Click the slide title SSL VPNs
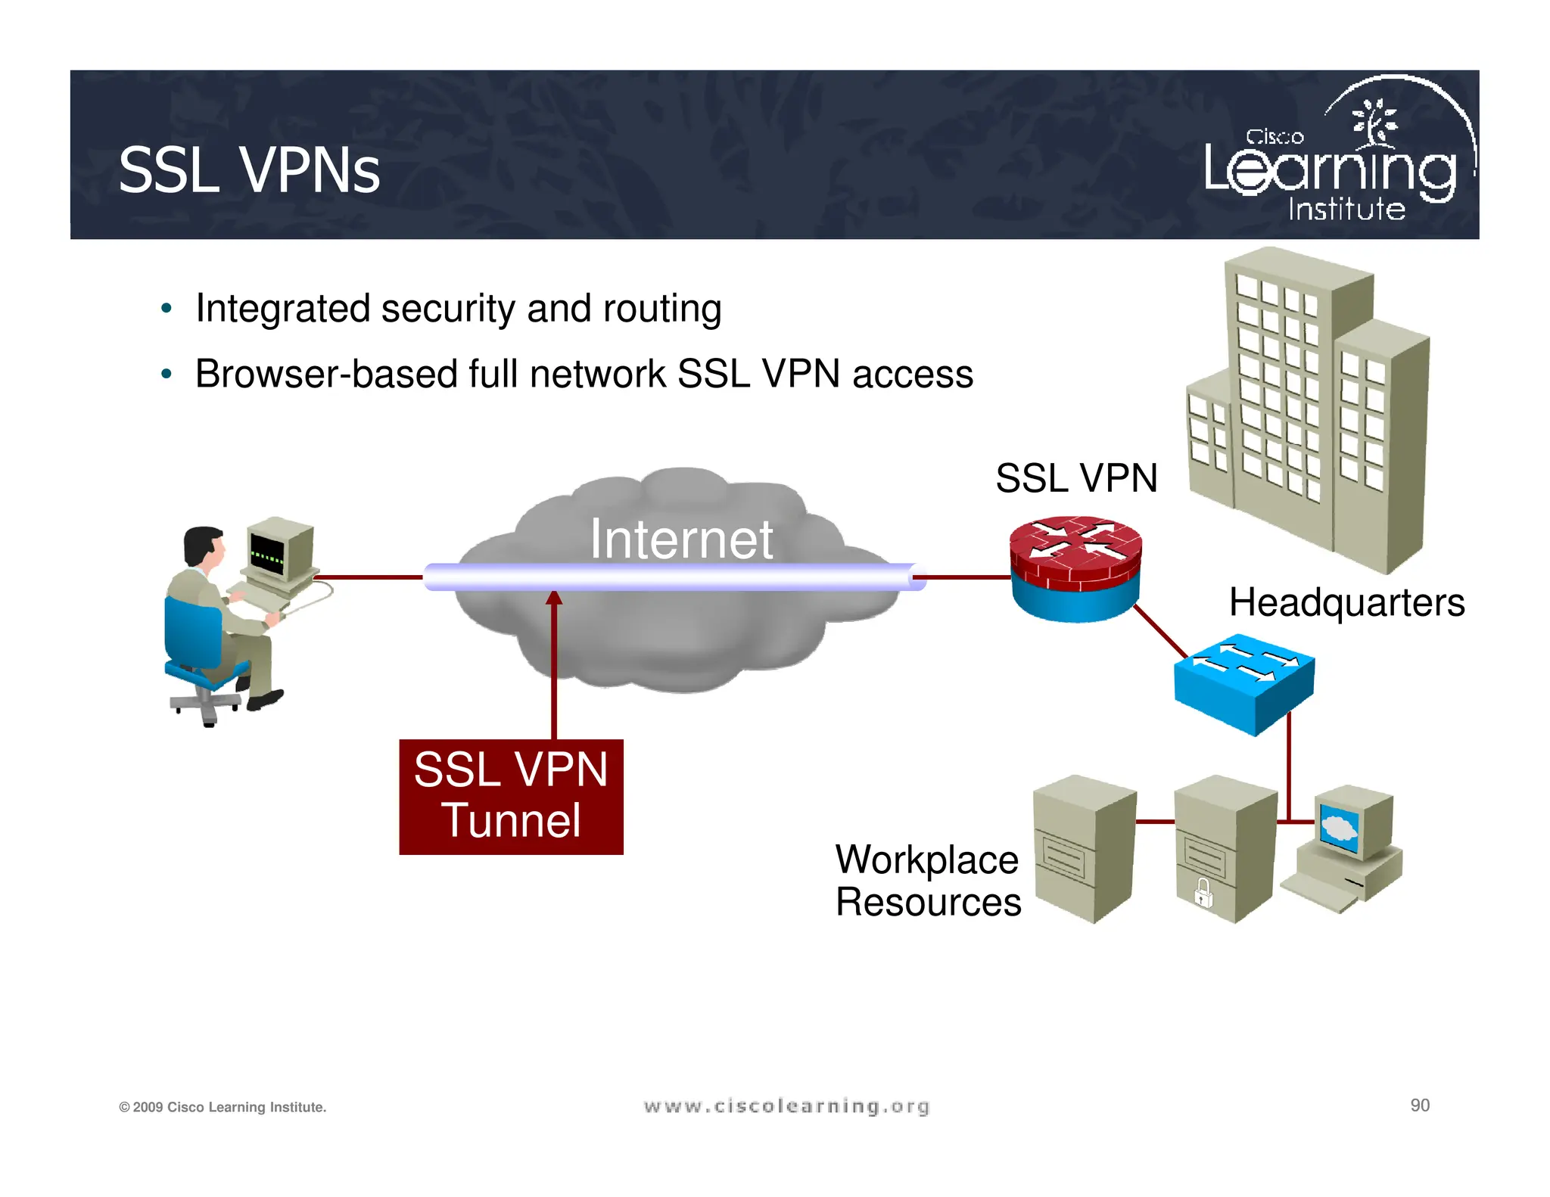[249, 171]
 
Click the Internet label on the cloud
[681, 539]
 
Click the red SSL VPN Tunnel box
[511, 797]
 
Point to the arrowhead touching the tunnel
[554, 598]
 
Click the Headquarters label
[1346, 603]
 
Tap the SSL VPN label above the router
[1075, 478]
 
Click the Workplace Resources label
[928, 881]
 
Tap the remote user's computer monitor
[279, 551]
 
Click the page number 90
[1419, 1105]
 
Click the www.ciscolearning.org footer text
[786, 1106]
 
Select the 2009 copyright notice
[223, 1107]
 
